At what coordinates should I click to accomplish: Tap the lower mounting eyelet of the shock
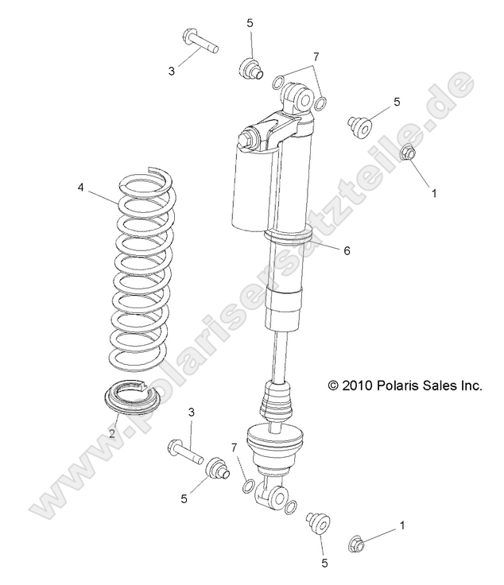click(x=273, y=499)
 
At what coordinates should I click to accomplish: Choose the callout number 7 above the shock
click(x=316, y=56)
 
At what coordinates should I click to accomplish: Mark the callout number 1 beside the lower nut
click(x=401, y=525)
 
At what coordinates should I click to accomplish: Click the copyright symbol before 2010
click(x=333, y=385)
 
